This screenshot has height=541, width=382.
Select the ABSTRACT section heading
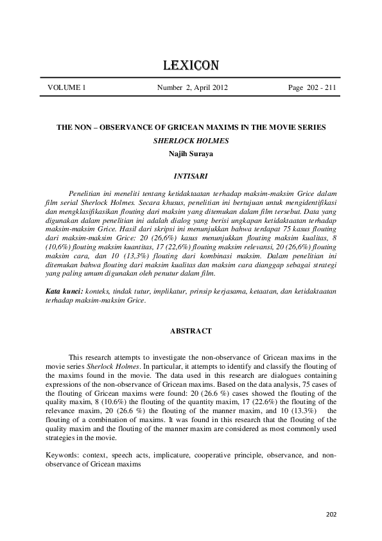click(191, 330)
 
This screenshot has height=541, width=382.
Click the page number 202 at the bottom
click(331, 513)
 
